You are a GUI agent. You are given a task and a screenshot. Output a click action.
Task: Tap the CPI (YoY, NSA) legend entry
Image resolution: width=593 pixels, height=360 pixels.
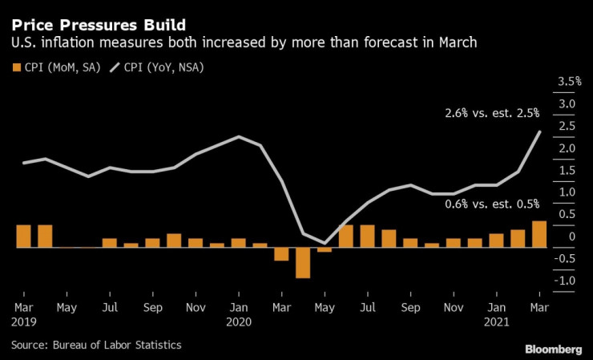[159, 67]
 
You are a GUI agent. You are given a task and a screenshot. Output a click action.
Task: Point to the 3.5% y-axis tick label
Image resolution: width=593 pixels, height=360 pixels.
[568, 82]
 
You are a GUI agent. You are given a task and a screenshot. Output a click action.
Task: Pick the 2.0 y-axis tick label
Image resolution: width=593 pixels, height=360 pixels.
[567, 148]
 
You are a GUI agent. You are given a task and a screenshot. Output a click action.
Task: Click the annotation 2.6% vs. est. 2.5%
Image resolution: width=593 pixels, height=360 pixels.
[492, 114]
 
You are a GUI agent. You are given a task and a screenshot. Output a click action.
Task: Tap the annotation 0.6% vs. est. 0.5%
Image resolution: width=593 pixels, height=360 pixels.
[492, 204]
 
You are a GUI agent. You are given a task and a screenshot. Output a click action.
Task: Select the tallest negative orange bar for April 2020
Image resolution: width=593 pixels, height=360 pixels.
[303, 262]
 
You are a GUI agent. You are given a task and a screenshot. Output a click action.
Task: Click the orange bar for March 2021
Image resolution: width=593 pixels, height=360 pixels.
[539, 234]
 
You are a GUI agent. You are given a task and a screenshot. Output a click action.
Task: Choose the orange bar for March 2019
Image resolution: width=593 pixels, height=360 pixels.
[23, 236]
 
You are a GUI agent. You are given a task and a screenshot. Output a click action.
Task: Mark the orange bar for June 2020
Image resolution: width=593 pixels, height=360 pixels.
[346, 236]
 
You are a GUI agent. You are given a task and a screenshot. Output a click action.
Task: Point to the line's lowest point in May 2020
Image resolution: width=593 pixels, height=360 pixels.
[325, 243]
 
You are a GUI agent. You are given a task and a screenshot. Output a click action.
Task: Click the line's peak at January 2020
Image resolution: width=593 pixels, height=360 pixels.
[239, 136]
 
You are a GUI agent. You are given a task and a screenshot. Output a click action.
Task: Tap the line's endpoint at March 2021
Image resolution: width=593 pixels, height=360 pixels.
[539, 131]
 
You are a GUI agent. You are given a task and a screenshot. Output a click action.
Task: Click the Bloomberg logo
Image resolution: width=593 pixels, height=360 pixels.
[554, 350]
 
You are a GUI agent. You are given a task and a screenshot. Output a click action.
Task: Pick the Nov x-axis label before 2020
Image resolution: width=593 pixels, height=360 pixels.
[195, 307]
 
